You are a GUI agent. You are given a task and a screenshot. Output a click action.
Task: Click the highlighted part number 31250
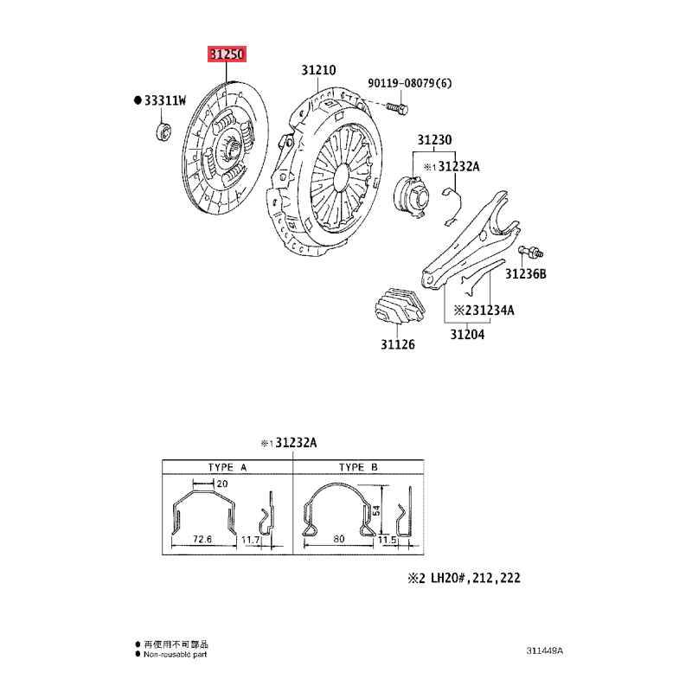pos(227,54)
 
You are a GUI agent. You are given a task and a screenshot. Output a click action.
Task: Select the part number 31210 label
pos(318,70)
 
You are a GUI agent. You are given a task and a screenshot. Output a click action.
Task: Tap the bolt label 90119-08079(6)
pos(410,83)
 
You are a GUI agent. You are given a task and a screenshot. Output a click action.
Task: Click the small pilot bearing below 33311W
pos(163,132)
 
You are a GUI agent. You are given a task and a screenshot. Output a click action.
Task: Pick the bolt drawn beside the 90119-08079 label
pos(397,107)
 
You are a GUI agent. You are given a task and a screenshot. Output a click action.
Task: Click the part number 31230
pos(435,140)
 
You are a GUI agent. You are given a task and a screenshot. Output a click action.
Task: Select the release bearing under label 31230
pos(411,196)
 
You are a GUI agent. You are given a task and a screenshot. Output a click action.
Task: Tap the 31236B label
pos(526,274)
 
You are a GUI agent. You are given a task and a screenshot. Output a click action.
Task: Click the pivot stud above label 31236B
pos(531,252)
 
